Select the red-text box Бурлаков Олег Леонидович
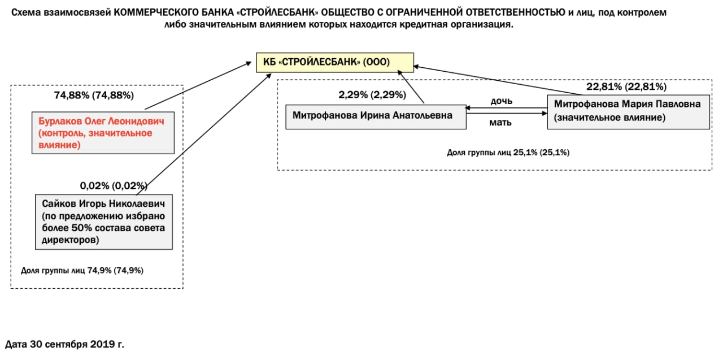[x=102, y=133]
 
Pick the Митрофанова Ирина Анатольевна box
[x=376, y=116]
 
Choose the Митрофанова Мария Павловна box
[x=628, y=111]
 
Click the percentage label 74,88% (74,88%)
[x=94, y=95]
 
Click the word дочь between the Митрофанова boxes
[x=501, y=101]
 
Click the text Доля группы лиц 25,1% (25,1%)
[x=508, y=153]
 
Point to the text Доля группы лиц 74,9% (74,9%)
[x=82, y=270]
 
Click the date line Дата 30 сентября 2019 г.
[x=64, y=344]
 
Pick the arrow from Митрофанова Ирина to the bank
[x=411, y=86]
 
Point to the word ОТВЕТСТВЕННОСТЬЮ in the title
[x=511, y=12]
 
